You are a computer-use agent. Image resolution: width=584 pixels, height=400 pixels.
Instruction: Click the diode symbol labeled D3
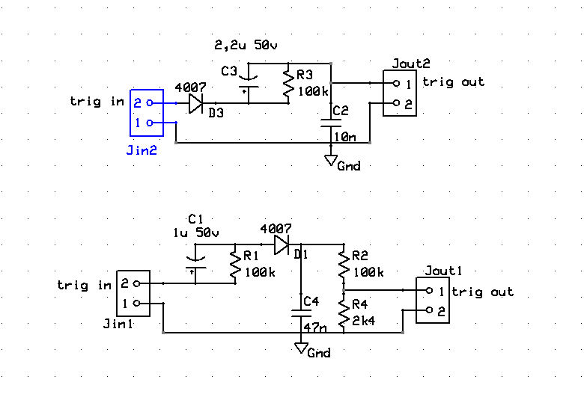pos(195,103)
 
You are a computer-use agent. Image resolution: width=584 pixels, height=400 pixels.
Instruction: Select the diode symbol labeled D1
pos(282,244)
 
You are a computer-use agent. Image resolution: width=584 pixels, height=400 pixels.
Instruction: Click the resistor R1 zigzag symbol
pos(235,265)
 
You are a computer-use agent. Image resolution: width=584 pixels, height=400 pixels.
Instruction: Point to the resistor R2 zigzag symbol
pos(344,265)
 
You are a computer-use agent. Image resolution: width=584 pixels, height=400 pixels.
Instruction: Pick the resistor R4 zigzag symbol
pos(344,314)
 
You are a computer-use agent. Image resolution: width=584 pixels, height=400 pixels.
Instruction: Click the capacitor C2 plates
pos(331,123)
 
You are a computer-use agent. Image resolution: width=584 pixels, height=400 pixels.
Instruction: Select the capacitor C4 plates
pos(301,313)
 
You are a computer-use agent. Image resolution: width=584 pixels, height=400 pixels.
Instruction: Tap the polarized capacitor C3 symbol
pos(248,82)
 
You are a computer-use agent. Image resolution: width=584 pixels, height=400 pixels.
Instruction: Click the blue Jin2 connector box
pos(147,113)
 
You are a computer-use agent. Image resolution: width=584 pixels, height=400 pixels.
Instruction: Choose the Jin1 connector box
pos(133,293)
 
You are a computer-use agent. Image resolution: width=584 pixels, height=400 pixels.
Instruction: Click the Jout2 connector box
pos(400,93)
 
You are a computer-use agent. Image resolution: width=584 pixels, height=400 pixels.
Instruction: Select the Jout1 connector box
pos(433,300)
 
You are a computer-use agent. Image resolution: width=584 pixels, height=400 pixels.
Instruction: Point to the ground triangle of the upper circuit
pos(331,160)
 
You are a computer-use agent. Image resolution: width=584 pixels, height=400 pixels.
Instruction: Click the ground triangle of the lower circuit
pos(301,348)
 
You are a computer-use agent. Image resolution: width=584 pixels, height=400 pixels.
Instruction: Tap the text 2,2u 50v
pos(246,46)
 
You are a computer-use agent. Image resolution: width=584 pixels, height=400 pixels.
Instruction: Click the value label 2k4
pos(364,320)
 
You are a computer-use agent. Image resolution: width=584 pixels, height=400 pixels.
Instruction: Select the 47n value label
pos(315,327)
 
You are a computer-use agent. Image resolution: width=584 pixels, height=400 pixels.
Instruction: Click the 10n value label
pos(345,137)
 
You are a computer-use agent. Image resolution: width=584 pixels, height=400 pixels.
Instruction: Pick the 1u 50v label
pos(196,233)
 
